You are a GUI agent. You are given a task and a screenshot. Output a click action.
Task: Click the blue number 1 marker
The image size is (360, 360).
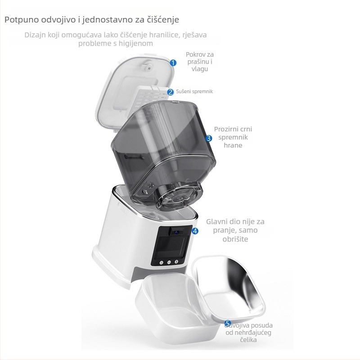pyautogui.click(x=173, y=63)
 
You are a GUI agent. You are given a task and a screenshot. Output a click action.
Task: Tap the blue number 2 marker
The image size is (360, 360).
pyautogui.click(x=171, y=92)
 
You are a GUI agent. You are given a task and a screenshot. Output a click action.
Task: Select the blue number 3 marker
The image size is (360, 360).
pyautogui.click(x=209, y=138)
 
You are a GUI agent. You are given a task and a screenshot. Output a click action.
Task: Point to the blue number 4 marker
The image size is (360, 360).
pyautogui.click(x=195, y=231)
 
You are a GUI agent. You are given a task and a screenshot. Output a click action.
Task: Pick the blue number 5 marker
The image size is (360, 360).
pyautogui.click(x=228, y=323)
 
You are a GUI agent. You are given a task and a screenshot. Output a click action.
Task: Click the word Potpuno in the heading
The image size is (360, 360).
pyautogui.click(x=22, y=20)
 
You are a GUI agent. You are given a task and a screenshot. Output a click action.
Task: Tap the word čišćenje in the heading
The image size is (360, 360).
pyautogui.click(x=163, y=20)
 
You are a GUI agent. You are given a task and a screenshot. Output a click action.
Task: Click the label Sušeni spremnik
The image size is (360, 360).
pyautogui.click(x=194, y=91)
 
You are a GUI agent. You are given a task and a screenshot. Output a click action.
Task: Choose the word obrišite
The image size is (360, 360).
pyautogui.click(x=235, y=239)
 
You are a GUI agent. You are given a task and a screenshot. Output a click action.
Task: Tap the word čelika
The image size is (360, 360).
pyautogui.click(x=248, y=340)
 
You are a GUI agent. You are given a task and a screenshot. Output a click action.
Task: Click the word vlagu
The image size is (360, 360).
pyautogui.click(x=200, y=69)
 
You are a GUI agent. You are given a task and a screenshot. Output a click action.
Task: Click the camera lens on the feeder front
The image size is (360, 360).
pyautogui.click(x=176, y=232)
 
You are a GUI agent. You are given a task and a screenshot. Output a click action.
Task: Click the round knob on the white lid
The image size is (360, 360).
pyautogui.click(x=147, y=65)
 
